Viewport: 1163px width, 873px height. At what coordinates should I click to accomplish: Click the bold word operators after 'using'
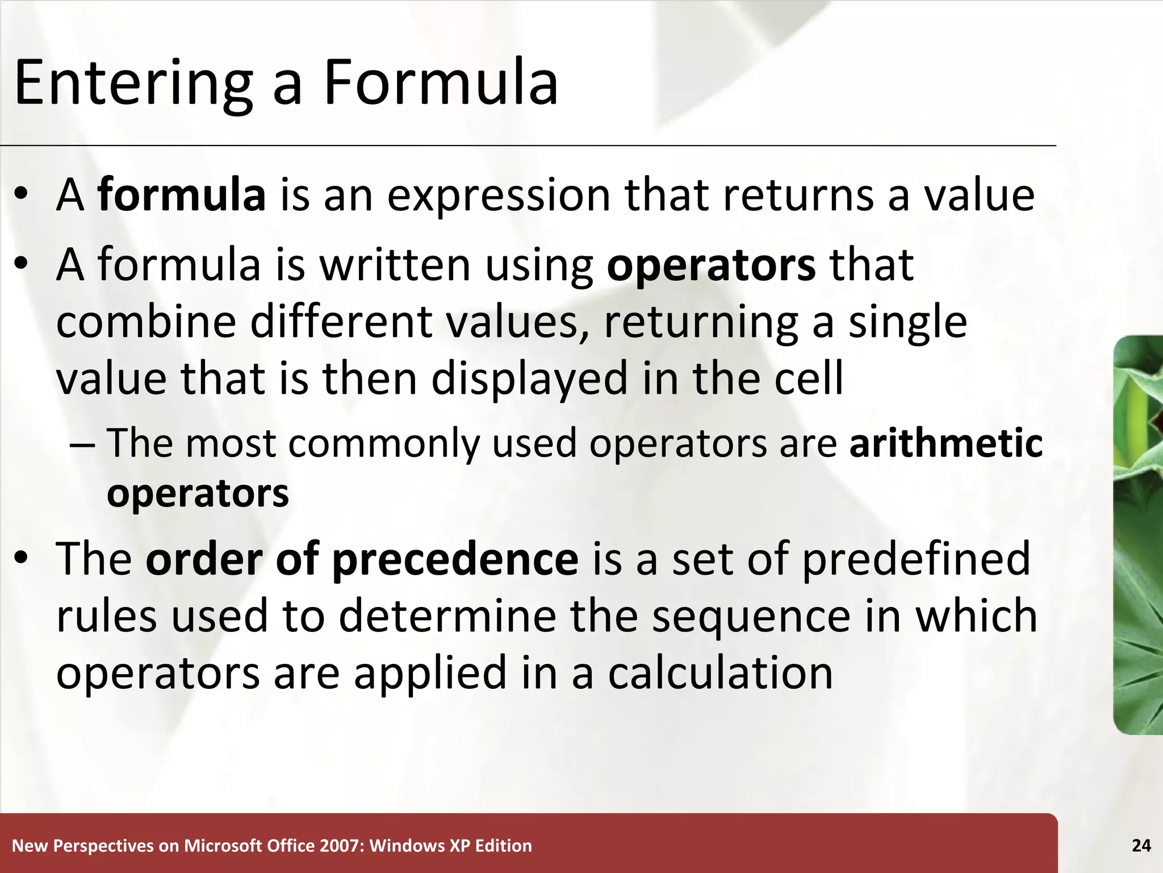(711, 266)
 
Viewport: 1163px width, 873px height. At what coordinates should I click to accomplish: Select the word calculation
(720, 673)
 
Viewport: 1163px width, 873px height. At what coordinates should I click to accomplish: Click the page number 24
(1141, 846)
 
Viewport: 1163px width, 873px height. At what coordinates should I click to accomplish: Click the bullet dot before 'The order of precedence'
(22, 559)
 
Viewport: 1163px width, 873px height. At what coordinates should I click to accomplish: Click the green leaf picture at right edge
(1138, 534)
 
